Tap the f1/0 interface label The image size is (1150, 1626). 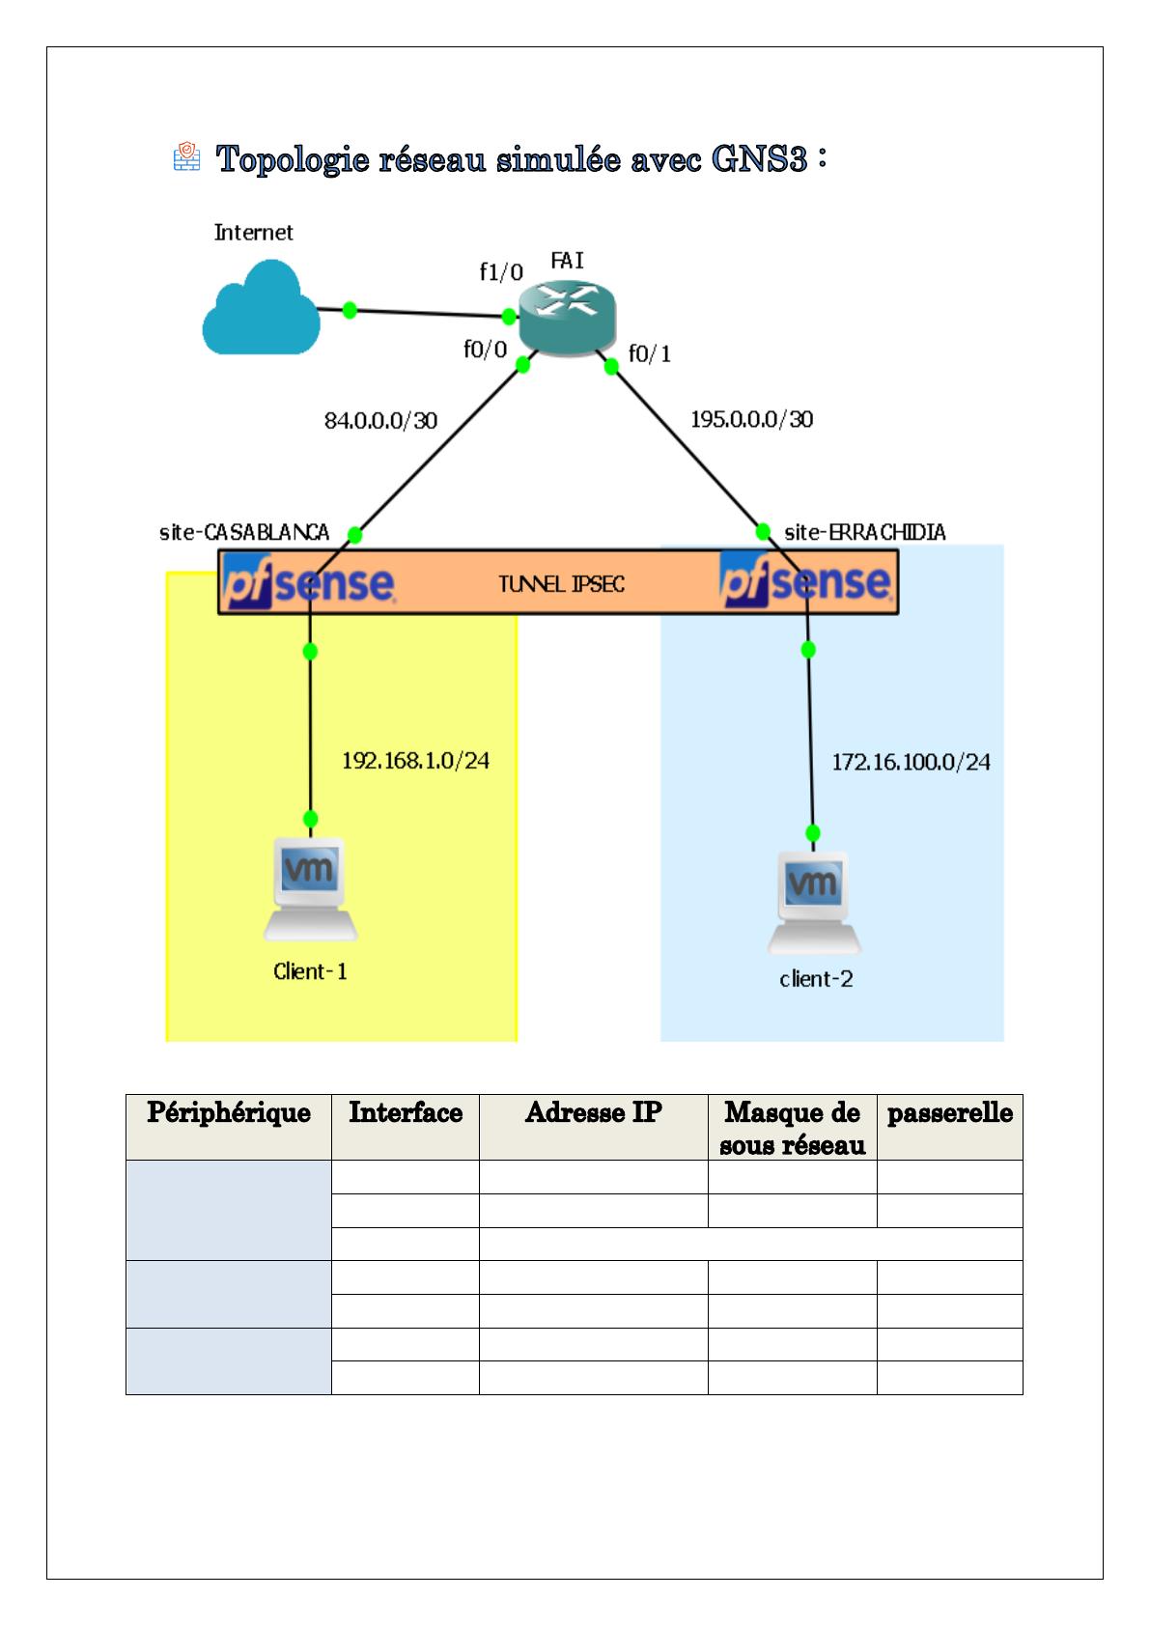pos(501,272)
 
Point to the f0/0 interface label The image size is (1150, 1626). pos(485,350)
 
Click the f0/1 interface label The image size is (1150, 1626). pos(650,354)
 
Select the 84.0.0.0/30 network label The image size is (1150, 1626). pos(380,421)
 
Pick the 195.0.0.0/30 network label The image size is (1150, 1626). pos(751,419)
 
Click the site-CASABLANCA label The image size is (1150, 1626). pos(244,532)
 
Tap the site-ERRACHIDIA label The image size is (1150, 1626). pos(865,532)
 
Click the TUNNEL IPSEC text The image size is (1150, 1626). pos(561,584)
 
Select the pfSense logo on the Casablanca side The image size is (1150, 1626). pos(308,582)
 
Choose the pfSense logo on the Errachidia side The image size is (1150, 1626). pos(806,582)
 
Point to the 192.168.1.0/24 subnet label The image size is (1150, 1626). pos(415,761)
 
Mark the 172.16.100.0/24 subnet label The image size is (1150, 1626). pos(911,762)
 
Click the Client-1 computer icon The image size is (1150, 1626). pos(310,889)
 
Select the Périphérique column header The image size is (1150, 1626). pos(229,1113)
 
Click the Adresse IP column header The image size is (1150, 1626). pos(593,1113)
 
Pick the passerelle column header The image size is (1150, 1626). pos(949,1113)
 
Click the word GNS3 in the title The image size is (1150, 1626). pos(758,159)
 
